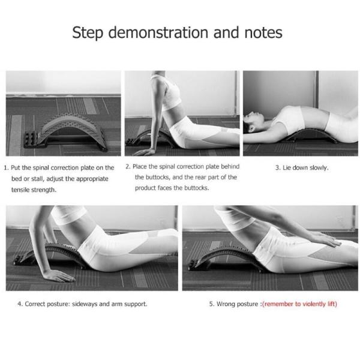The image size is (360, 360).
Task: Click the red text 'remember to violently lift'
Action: [x=299, y=304]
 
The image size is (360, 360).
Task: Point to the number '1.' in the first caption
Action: [x=6, y=168]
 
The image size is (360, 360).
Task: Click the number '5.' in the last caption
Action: [x=212, y=304]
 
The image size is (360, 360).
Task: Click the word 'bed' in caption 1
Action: [x=18, y=179]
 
